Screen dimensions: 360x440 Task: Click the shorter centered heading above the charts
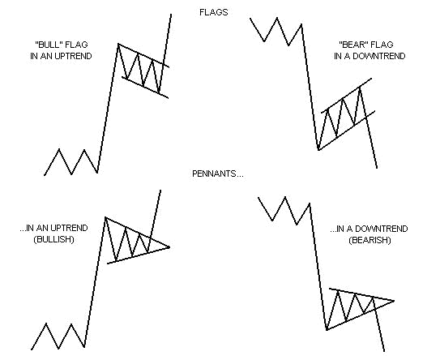[x=213, y=12]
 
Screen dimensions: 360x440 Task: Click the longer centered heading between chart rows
[x=213, y=174]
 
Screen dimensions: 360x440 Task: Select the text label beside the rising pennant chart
[x=58, y=50]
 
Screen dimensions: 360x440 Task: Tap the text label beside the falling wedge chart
[x=366, y=50]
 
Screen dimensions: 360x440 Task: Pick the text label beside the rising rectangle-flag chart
[x=56, y=231]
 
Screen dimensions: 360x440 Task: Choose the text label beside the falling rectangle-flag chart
[x=370, y=233]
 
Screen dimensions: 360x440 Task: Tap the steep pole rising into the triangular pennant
[x=105, y=114]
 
